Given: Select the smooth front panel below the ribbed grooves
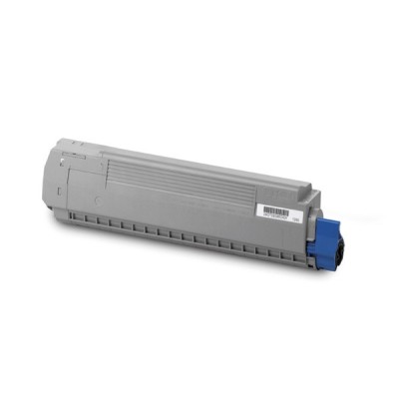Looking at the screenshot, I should pyautogui.click(x=180, y=214).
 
